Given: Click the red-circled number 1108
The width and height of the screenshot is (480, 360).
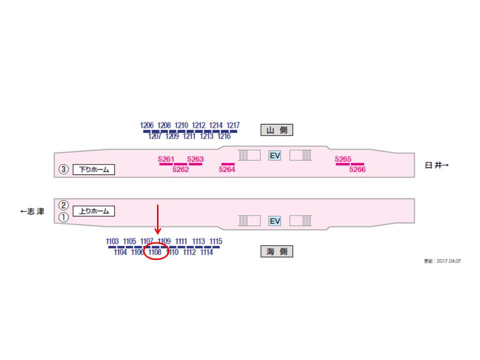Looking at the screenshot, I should point(155,252).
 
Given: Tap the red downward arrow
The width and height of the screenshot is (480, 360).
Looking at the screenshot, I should point(157,220).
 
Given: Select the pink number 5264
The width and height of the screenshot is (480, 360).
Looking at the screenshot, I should point(227,169).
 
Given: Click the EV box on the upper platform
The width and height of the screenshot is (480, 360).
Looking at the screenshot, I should point(275,155).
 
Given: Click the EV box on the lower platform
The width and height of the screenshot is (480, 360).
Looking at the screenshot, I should point(275,221).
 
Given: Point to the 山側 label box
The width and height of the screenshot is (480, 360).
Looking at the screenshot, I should point(276,130).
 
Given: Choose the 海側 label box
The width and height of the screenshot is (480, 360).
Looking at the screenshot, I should point(276,252).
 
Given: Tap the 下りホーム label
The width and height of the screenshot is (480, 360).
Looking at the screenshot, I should point(94,169).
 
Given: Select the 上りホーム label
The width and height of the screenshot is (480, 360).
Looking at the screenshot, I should point(94,211).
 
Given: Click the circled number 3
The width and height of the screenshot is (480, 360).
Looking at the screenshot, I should point(63,169).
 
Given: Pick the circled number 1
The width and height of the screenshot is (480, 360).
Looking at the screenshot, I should point(63,217).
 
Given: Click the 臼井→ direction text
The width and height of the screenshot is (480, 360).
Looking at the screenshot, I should point(437,165).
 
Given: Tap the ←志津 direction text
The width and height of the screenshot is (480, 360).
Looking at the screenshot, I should point(32,211).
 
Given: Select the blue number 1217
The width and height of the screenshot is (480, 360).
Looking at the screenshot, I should point(233,125).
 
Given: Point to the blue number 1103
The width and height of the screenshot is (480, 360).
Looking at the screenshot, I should point(112,241).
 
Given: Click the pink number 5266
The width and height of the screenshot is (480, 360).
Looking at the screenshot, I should point(357,169).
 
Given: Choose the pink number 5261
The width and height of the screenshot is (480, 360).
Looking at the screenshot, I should point(166,159).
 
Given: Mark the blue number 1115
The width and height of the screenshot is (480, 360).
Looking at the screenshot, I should point(216,241).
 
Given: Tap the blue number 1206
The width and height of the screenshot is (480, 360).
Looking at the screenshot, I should point(147,125).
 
